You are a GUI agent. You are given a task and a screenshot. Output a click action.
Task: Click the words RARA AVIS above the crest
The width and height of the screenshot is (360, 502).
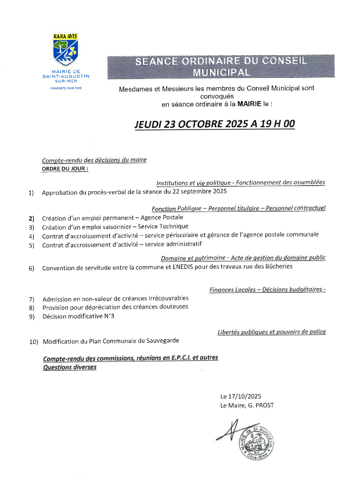(x=65, y=36)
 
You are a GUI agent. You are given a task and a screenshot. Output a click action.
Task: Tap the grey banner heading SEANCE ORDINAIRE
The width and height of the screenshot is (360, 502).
(x=221, y=67)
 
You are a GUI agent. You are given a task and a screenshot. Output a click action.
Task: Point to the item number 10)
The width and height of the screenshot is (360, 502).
(x=33, y=342)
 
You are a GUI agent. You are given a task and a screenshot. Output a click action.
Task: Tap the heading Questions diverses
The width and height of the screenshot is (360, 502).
(x=69, y=367)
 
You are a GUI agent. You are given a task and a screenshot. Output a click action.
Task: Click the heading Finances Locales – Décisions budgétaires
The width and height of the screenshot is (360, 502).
(x=267, y=289)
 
